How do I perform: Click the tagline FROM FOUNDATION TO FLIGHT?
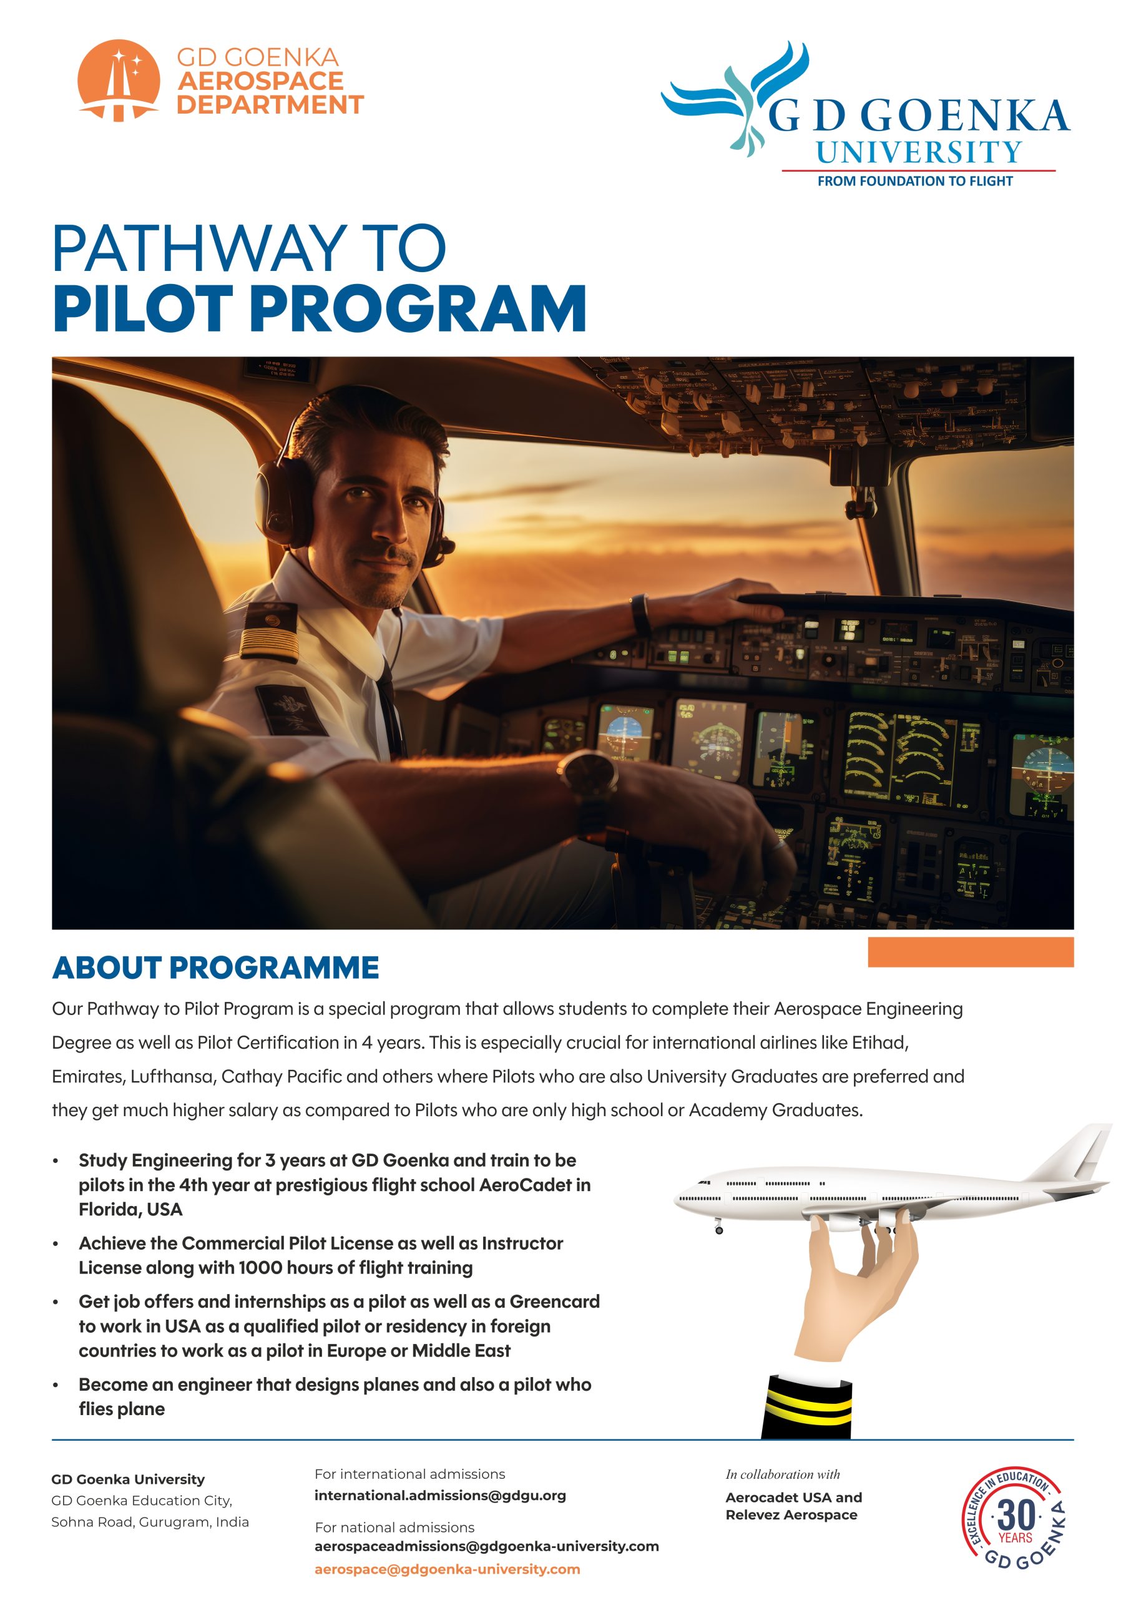(914, 181)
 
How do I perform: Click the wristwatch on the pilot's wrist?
(588, 773)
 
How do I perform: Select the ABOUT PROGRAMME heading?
(215, 968)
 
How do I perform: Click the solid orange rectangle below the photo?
(970, 952)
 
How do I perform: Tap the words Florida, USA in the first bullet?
(130, 1210)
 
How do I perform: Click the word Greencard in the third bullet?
(554, 1301)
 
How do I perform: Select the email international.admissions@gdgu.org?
(440, 1496)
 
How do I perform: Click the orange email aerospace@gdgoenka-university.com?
(447, 1569)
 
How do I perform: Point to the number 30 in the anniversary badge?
(1016, 1515)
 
